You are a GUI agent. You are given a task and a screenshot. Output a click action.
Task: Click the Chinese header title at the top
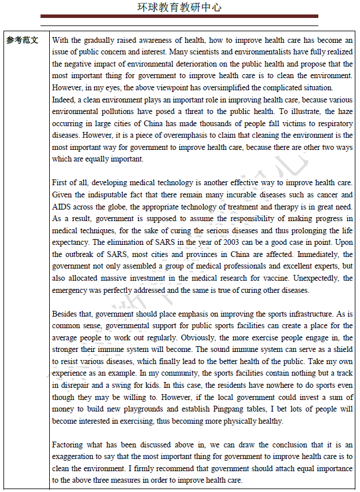(x=179, y=8)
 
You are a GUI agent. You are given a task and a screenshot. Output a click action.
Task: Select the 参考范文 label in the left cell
(x=23, y=41)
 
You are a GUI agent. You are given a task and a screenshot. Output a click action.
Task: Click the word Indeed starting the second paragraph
(x=64, y=100)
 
